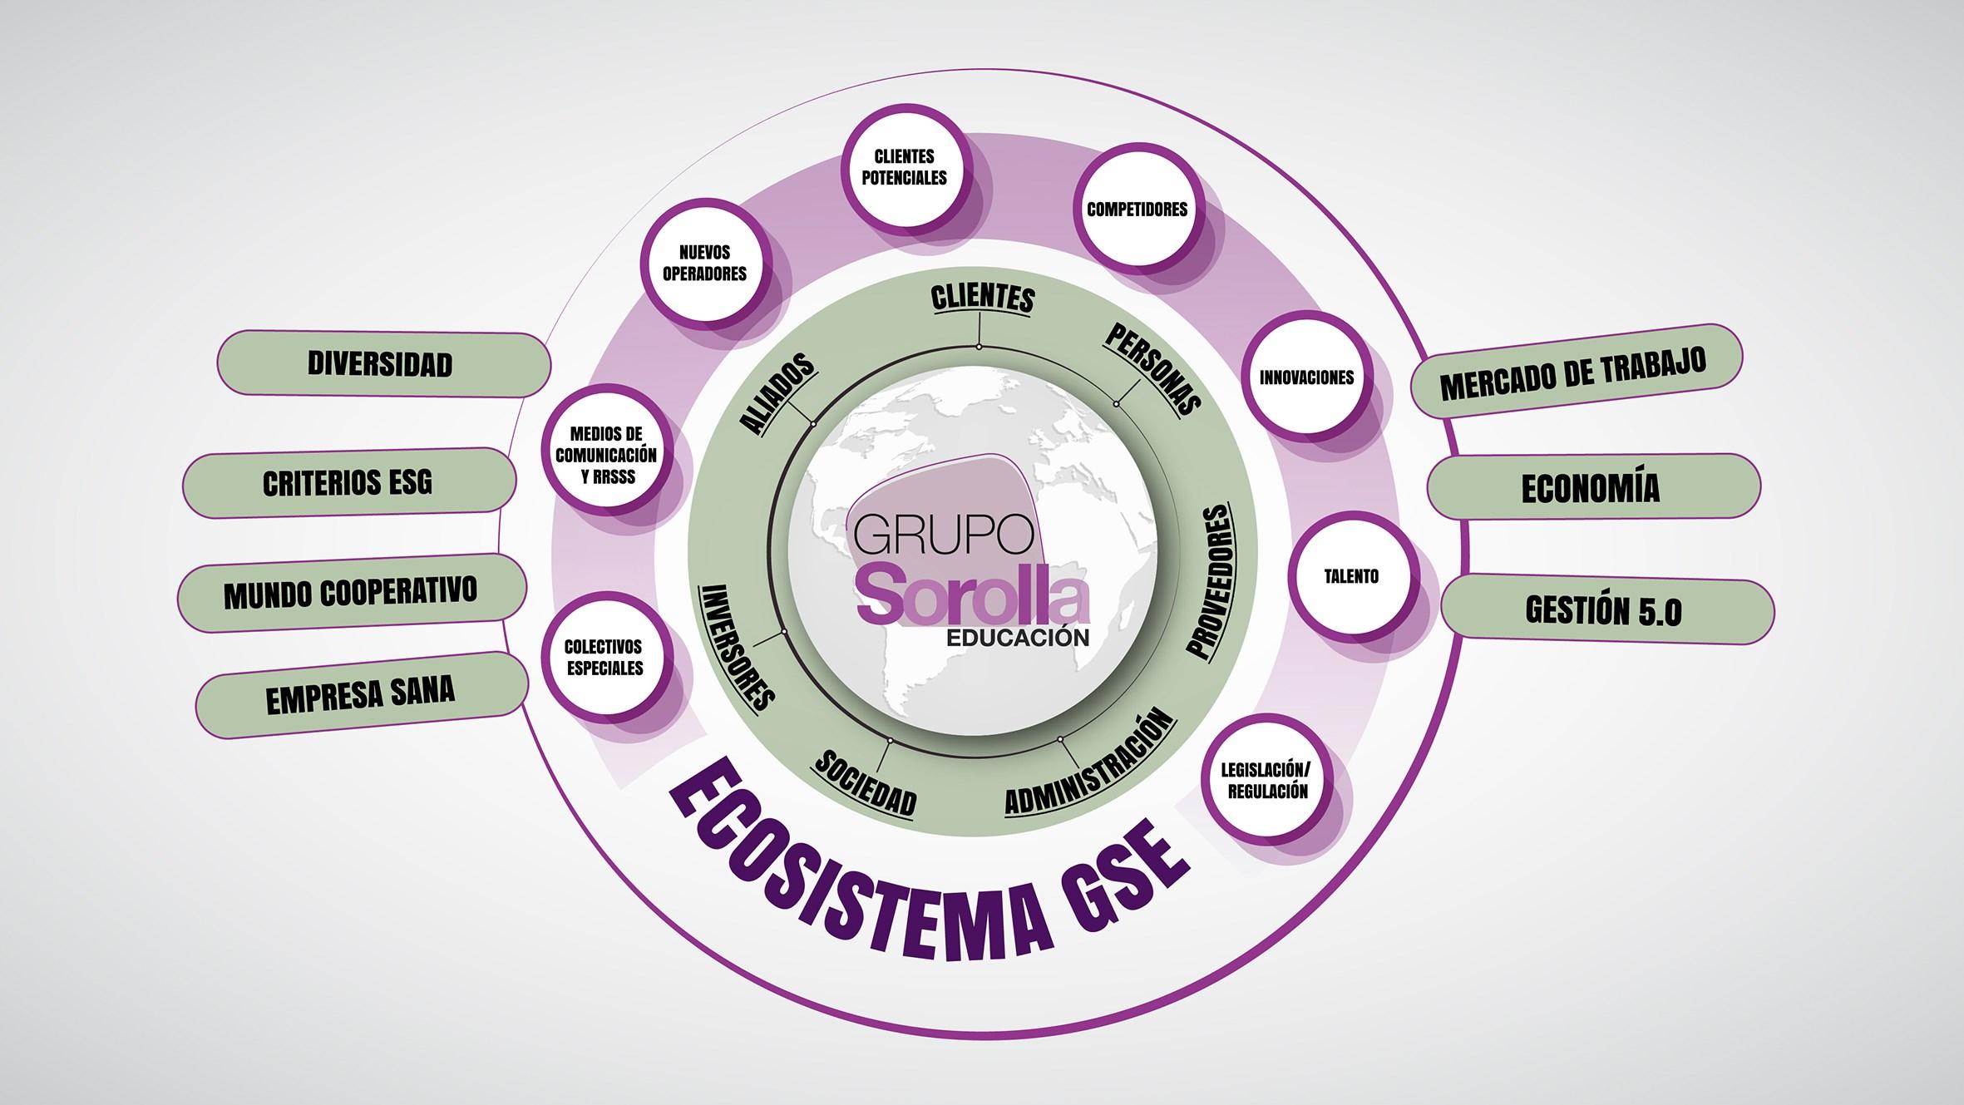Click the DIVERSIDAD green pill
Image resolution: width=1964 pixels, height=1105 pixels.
[382, 364]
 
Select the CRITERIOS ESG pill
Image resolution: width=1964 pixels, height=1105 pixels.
[348, 482]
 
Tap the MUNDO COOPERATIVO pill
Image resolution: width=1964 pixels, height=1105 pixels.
[351, 592]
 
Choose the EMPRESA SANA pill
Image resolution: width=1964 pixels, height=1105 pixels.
[361, 695]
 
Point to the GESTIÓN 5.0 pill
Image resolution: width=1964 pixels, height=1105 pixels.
[1604, 610]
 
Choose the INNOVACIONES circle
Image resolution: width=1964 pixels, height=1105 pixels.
[1307, 377]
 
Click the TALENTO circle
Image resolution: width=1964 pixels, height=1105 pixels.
[1351, 576]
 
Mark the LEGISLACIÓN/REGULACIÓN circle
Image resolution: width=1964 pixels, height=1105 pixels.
[1264, 779]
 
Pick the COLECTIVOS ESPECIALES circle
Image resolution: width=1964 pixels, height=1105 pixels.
[604, 657]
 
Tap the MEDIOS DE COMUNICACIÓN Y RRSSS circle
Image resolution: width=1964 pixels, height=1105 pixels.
[606, 455]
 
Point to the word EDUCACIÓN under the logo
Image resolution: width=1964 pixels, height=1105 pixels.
[1018, 639]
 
